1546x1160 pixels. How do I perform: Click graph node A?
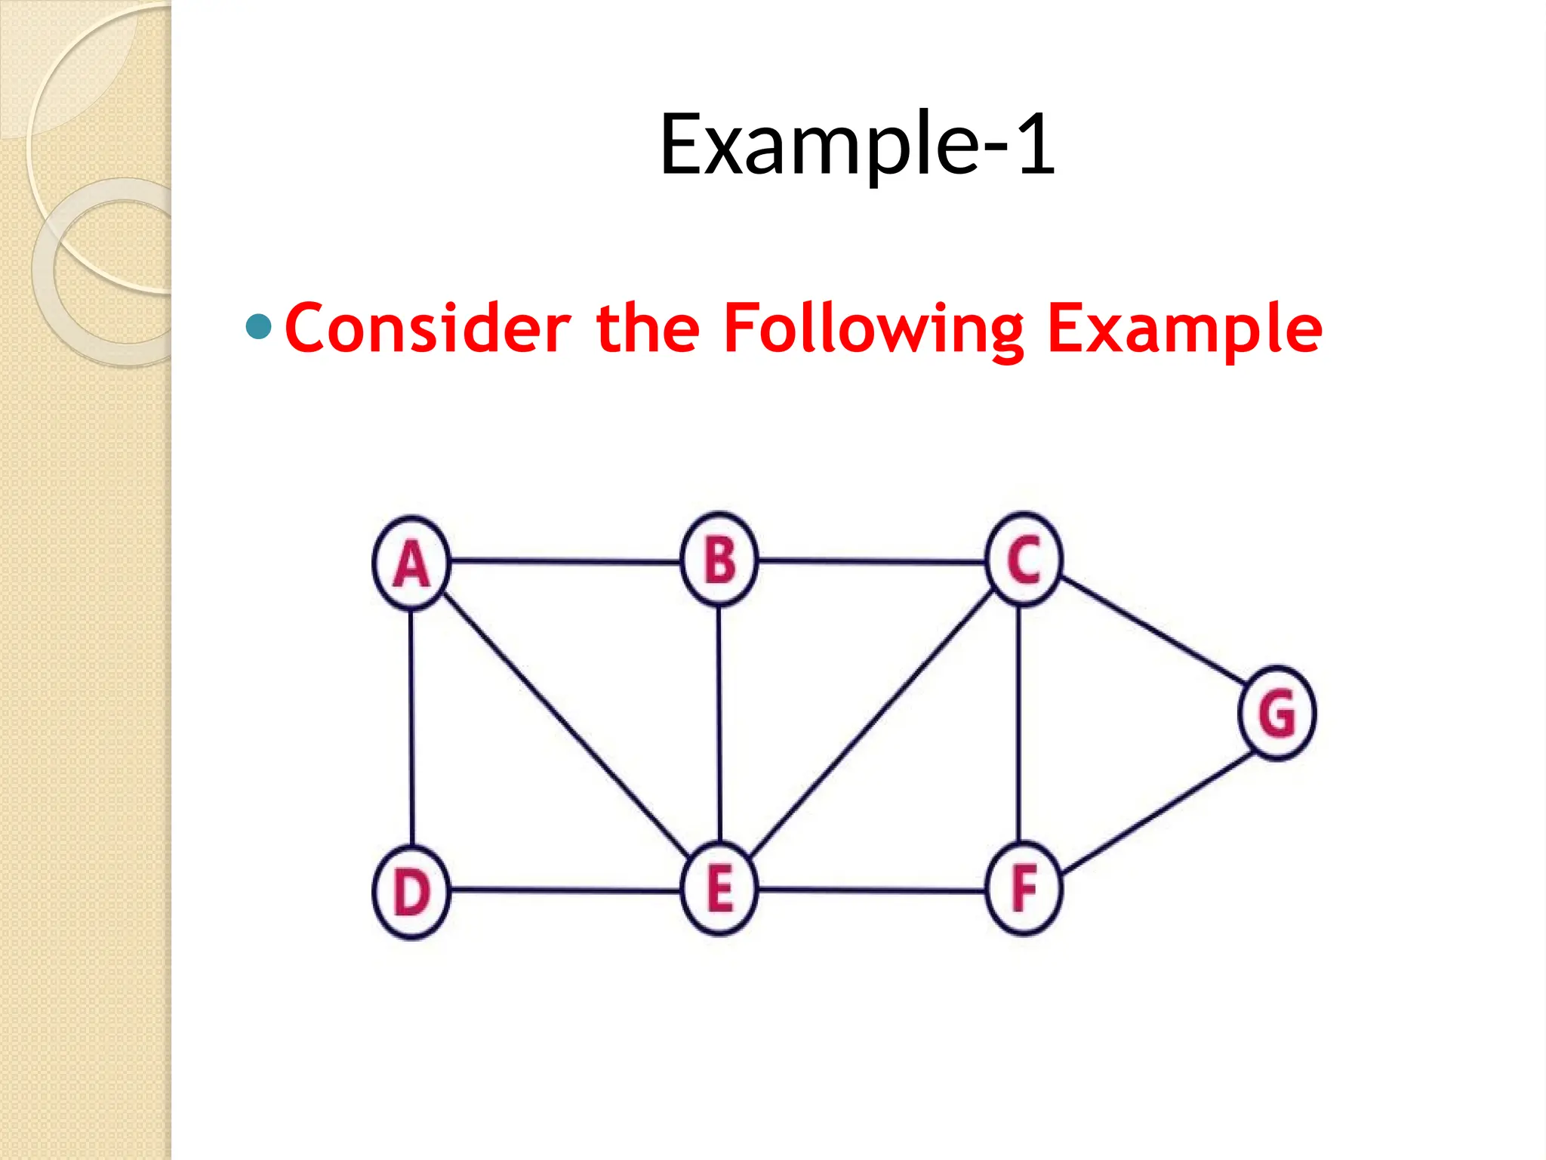(x=411, y=563)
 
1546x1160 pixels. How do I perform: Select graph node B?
(x=719, y=560)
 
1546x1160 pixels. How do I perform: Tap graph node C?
(x=1024, y=560)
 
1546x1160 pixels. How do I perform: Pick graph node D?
(x=411, y=892)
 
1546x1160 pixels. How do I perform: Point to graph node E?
(x=719, y=889)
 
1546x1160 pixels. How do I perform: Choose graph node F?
(x=1024, y=889)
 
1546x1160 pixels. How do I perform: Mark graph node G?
(x=1277, y=713)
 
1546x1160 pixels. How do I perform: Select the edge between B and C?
(x=872, y=561)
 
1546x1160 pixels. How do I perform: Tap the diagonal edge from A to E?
(x=565, y=725)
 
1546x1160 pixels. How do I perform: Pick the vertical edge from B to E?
(x=719, y=725)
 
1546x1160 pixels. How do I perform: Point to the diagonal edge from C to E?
(x=872, y=725)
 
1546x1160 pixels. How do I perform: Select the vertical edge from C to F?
(x=1019, y=725)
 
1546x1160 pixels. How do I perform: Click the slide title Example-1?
(x=858, y=145)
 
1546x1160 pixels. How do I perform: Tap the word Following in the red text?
(x=874, y=329)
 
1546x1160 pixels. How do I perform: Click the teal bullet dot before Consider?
(x=259, y=327)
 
